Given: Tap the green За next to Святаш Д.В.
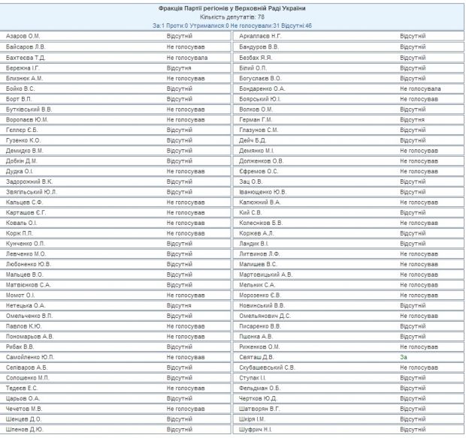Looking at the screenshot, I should [x=404, y=357].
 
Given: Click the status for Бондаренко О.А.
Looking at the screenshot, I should [x=421, y=88].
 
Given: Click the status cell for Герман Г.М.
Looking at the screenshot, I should [x=413, y=119].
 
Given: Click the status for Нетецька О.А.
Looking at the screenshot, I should [x=180, y=305].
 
